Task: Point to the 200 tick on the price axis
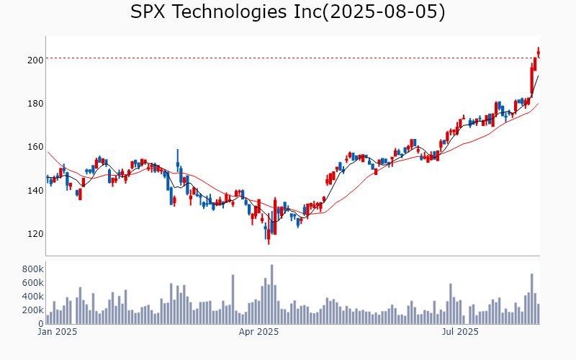[x=35, y=60]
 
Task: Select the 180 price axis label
[x=35, y=104]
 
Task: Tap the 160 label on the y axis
[x=35, y=147]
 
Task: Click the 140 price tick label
[x=35, y=191]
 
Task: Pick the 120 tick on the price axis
[x=35, y=234]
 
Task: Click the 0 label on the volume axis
[x=39, y=324]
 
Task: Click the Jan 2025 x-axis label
[x=57, y=332]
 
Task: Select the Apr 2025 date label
[x=258, y=332]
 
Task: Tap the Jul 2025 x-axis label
[x=460, y=332]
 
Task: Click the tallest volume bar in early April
[x=272, y=294]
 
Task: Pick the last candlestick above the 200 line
[x=539, y=53]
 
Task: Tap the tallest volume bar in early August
[x=531, y=299]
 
